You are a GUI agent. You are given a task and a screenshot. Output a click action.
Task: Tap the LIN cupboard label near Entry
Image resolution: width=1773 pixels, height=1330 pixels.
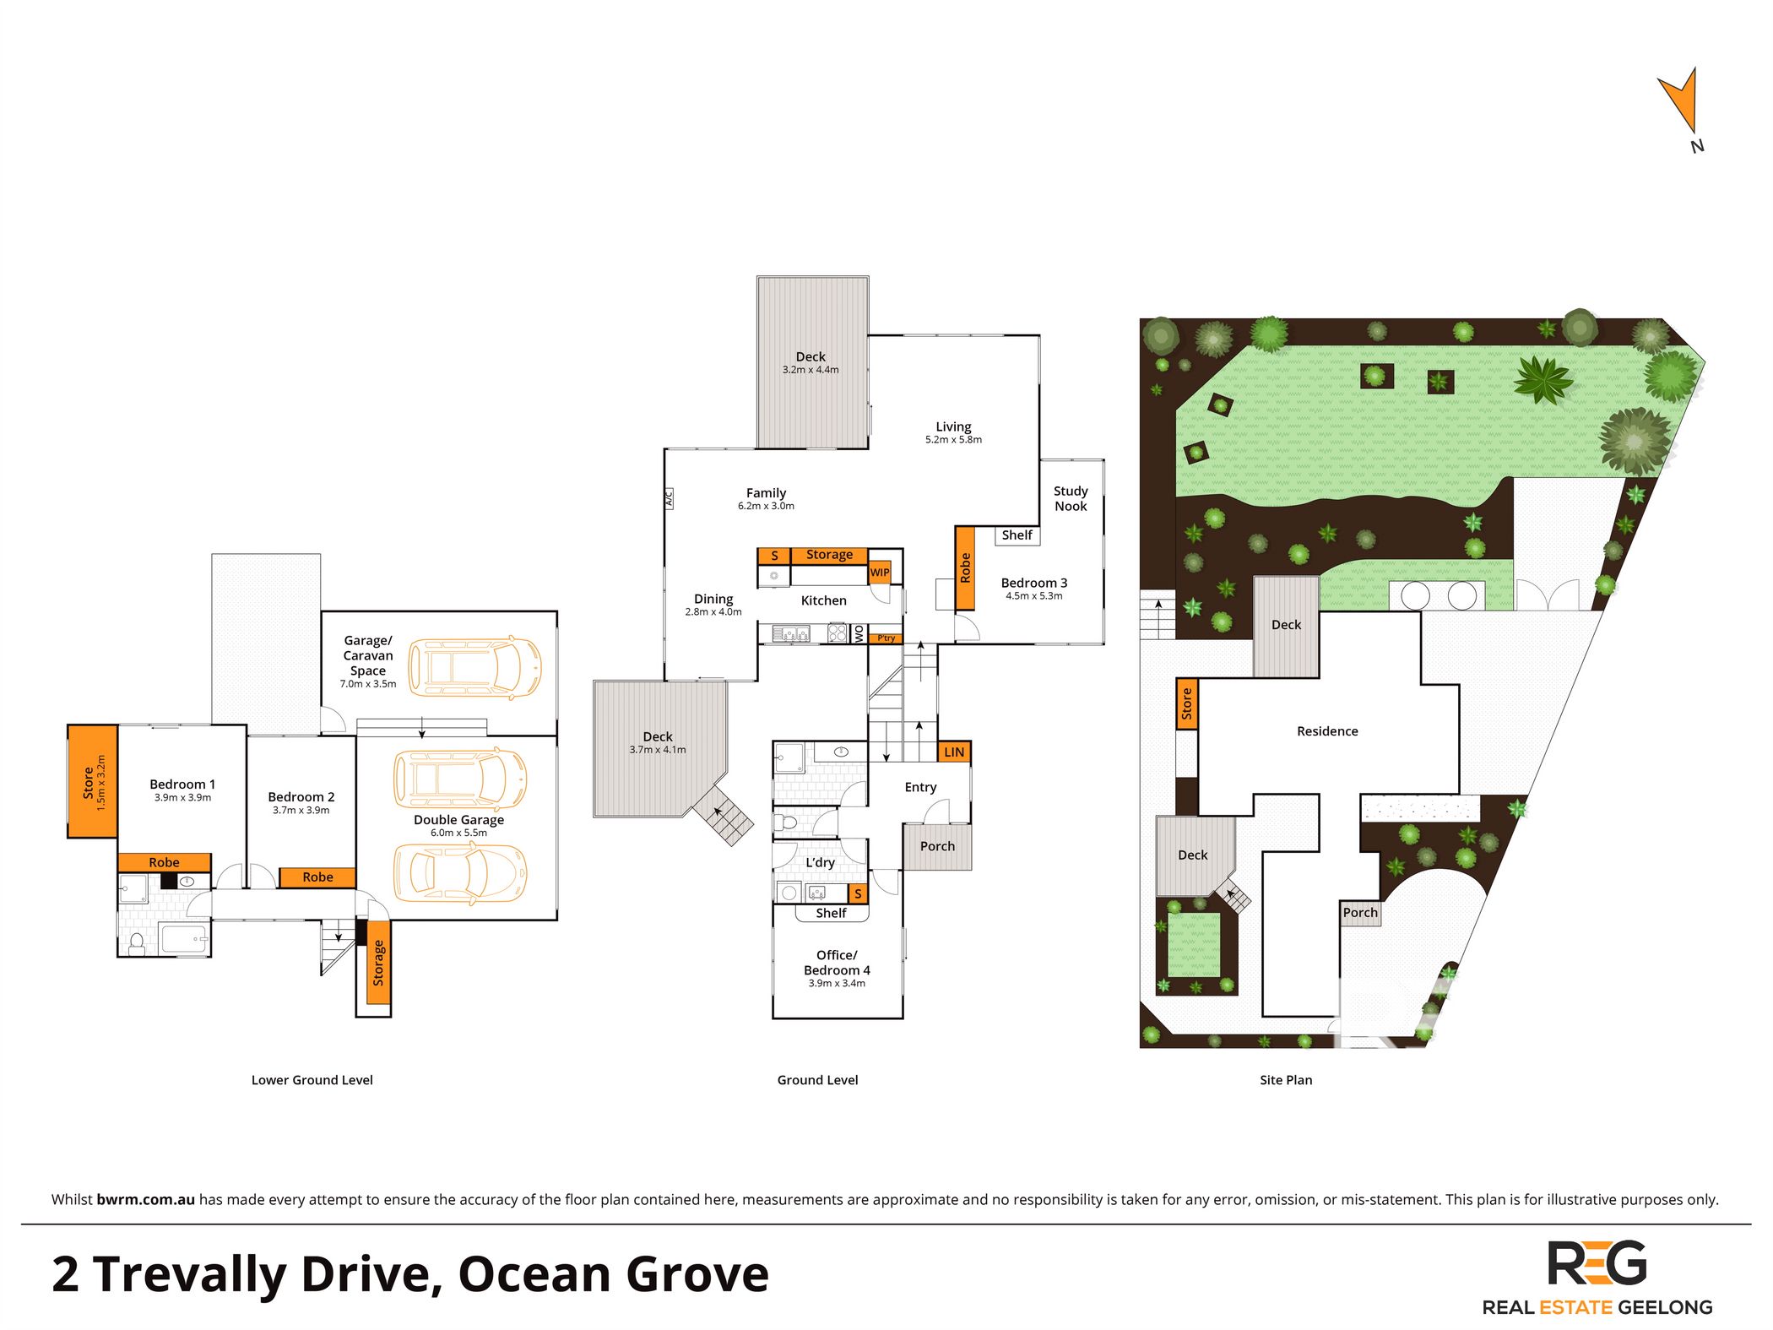pyautogui.click(x=954, y=752)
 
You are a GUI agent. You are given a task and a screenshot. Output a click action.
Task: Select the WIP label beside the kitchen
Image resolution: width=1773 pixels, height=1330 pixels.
pyautogui.click(x=880, y=573)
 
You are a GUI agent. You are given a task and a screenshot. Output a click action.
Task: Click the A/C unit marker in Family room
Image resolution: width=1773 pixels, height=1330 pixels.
pyautogui.click(x=669, y=498)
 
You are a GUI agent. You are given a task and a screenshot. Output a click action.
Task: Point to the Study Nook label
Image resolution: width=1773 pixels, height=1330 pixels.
pyautogui.click(x=1071, y=498)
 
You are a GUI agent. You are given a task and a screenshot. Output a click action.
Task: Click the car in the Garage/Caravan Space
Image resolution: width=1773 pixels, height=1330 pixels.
pyautogui.click(x=474, y=667)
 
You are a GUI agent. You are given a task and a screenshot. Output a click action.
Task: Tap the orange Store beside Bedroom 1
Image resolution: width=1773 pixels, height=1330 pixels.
pyautogui.click(x=93, y=781)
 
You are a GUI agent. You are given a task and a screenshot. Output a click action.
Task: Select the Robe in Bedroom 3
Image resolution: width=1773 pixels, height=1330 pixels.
pyautogui.click(x=965, y=568)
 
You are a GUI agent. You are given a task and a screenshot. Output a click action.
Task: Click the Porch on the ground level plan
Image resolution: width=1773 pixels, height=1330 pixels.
pyautogui.click(x=937, y=846)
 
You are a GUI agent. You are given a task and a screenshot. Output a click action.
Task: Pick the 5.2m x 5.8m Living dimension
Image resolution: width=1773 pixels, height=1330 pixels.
pyautogui.click(x=953, y=440)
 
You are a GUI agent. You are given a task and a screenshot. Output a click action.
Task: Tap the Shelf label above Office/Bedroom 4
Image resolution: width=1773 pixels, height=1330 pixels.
pyautogui.click(x=831, y=913)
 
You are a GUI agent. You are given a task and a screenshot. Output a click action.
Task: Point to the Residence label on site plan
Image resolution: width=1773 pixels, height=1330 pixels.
pyautogui.click(x=1327, y=731)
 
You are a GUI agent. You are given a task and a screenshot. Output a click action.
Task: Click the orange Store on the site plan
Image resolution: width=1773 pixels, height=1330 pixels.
pyautogui.click(x=1186, y=703)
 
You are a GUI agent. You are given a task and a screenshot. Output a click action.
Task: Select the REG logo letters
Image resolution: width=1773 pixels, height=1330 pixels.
pyautogui.click(x=1597, y=1263)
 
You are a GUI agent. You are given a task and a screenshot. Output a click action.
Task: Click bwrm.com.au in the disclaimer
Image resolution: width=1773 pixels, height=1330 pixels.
pyautogui.click(x=146, y=1199)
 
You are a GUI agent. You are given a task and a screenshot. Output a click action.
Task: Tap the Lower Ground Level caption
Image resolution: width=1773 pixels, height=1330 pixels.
pyautogui.click(x=312, y=1080)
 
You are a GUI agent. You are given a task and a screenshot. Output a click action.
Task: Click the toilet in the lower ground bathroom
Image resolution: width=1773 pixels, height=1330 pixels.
pyautogui.click(x=136, y=942)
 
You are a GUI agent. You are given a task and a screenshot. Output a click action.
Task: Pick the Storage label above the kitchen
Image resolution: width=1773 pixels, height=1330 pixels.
pyautogui.click(x=829, y=555)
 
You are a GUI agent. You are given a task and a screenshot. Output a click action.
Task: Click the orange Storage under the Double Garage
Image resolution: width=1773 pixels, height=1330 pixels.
pyautogui.click(x=378, y=964)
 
